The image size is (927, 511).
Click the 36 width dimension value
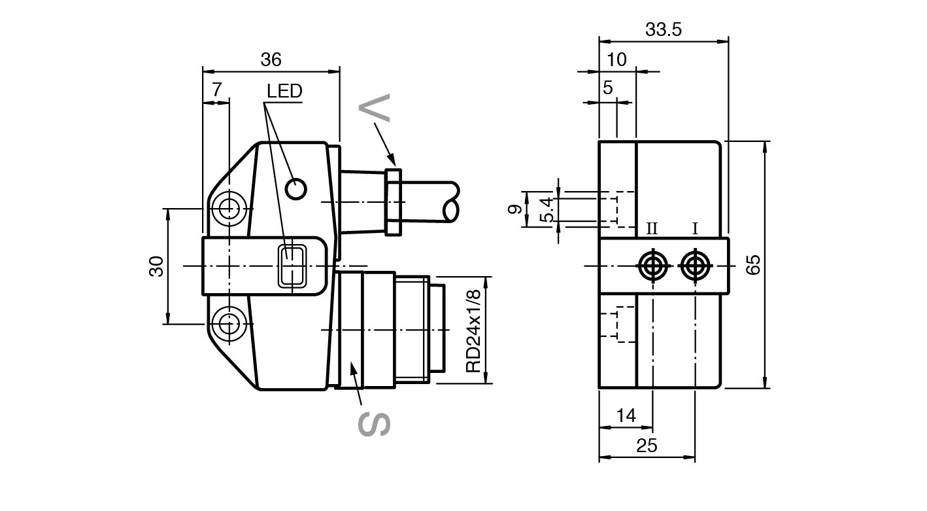point(271,60)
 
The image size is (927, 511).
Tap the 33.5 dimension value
point(664,30)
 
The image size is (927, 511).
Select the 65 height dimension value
point(754,264)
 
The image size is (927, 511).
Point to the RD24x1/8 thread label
point(474,331)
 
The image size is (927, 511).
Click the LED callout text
point(285,91)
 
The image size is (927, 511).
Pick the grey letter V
point(375,108)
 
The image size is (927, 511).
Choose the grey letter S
point(374,424)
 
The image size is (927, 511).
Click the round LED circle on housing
point(296,189)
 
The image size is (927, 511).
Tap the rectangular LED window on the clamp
point(293,266)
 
